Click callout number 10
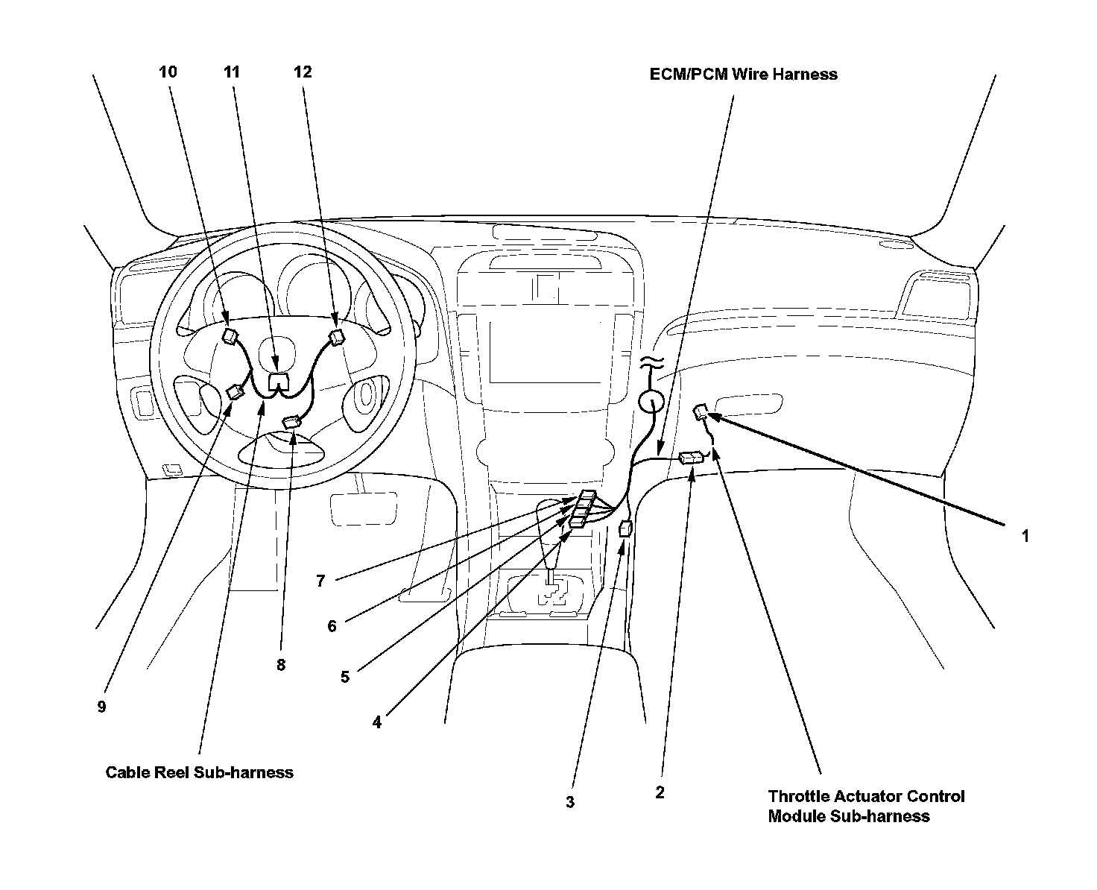pyautogui.click(x=168, y=72)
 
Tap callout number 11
pyautogui.click(x=232, y=72)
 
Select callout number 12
pyautogui.click(x=303, y=72)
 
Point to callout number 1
pyautogui.click(x=1025, y=535)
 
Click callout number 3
pyautogui.click(x=570, y=802)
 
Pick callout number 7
pyautogui.click(x=320, y=581)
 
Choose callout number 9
pyautogui.click(x=101, y=707)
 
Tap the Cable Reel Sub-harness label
pyautogui.click(x=199, y=772)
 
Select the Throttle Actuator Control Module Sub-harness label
pyautogui.click(x=866, y=806)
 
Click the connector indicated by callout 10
pyautogui.click(x=230, y=335)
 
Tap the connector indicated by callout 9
pyautogui.click(x=235, y=392)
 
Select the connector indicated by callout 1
pyautogui.click(x=702, y=411)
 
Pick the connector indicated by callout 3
pyautogui.click(x=625, y=529)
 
